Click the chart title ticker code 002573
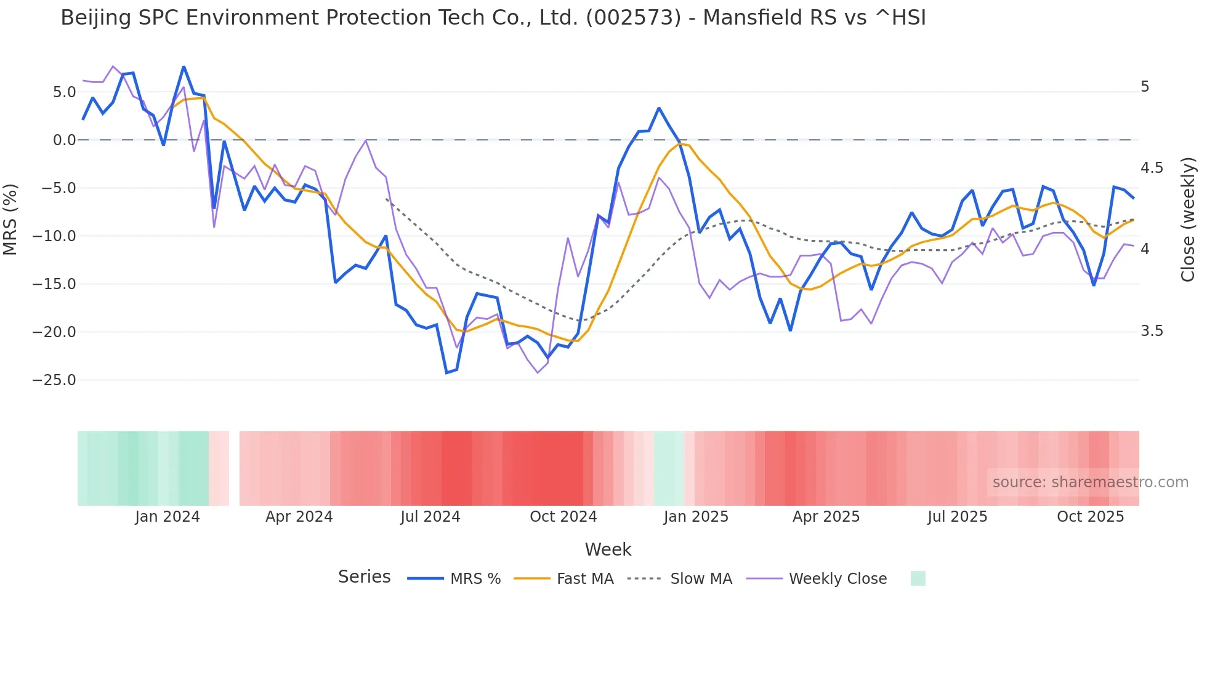tap(633, 18)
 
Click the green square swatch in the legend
tap(918, 578)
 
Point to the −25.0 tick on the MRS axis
tap(54, 380)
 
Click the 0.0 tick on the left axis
tap(64, 140)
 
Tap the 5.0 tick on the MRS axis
tap(64, 92)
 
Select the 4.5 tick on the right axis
tap(1152, 168)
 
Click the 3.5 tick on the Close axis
tap(1152, 331)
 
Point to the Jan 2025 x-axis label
tap(696, 517)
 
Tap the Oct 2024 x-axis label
tap(563, 517)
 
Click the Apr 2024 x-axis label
tap(299, 517)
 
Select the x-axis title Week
tap(608, 549)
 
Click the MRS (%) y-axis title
tap(10, 219)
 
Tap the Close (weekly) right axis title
tap(1188, 220)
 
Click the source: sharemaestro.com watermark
tap(1090, 482)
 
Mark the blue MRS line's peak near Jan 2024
tap(184, 67)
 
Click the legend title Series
tap(364, 577)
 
